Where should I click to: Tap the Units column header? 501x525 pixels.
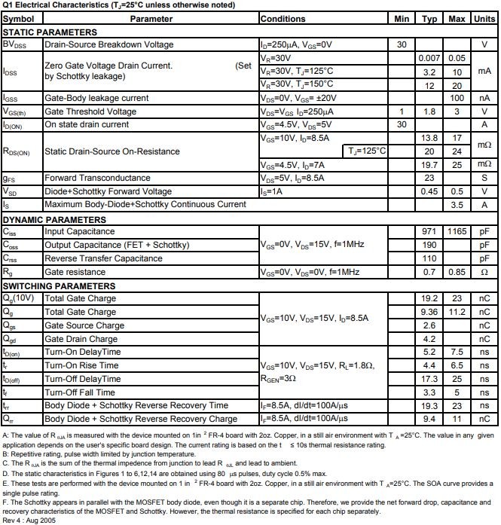pyautogui.click(x=484, y=18)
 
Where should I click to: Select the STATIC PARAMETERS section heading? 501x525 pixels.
pyautogui.click(x=50, y=32)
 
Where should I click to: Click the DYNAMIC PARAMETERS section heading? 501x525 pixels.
pyautogui.click(x=53, y=219)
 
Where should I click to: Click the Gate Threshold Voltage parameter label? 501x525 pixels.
pyautogui.click(x=90, y=111)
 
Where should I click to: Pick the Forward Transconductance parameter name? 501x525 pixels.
pyautogui.click(x=97, y=178)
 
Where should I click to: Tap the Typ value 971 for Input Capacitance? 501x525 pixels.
pyautogui.click(x=429, y=232)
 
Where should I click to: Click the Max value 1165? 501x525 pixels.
pyautogui.click(x=457, y=232)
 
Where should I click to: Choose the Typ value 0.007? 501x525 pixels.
pyautogui.click(x=429, y=58)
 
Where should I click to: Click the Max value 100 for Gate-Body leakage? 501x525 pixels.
pyautogui.click(x=457, y=98)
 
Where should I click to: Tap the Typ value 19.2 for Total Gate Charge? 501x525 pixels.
pyautogui.click(x=429, y=299)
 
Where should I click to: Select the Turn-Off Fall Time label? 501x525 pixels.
pyautogui.click(x=80, y=392)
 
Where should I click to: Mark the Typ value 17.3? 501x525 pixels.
pyautogui.click(x=429, y=379)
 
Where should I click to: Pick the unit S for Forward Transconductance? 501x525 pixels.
pyautogui.click(x=484, y=178)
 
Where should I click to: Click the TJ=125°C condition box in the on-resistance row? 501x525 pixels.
pyautogui.click(x=367, y=151)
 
